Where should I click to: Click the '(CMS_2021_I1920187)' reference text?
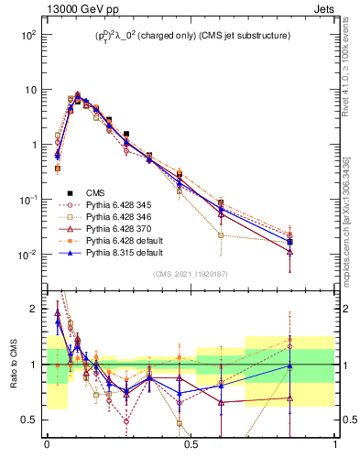[190, 275]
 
